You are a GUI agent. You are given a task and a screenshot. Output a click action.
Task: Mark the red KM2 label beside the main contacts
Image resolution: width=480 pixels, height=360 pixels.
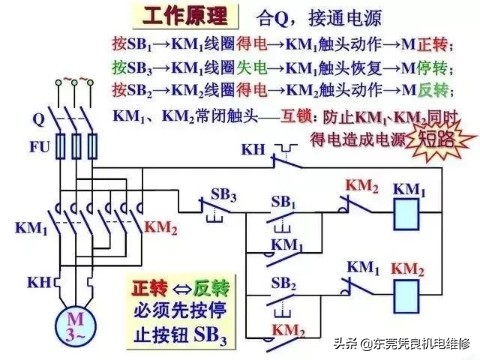tap(160, 228)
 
